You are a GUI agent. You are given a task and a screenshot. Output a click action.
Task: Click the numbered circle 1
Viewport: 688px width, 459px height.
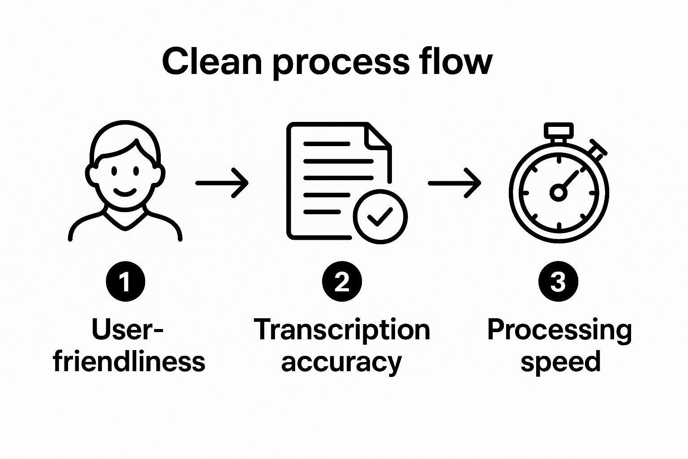(x=125, y=282)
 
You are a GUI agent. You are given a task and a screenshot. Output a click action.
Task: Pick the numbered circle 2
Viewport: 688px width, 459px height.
(x=342, y=282)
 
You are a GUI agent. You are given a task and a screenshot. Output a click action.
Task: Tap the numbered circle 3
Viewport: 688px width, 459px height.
(x=558, y=282)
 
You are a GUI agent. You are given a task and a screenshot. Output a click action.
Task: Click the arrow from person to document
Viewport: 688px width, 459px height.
(x=222, y=183)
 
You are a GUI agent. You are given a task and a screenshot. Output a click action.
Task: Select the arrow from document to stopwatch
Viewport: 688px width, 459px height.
(x=454, y=183)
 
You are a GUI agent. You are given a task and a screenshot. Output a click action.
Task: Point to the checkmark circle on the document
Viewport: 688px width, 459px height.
(x=380, y=217)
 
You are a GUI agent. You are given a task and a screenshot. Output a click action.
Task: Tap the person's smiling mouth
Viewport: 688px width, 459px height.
(x=125, y=193)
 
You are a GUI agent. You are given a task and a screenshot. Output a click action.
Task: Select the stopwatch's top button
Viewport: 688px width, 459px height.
(x=559, y=130)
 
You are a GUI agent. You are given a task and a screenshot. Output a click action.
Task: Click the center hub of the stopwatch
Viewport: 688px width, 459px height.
(x=558, y=193)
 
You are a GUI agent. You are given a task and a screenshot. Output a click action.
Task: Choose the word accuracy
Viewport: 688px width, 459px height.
(x=342, y=362)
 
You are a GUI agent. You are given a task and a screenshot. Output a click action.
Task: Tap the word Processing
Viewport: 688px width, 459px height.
(x=559, y=330)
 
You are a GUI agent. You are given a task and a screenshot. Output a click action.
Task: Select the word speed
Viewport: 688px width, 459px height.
(x=560, y=362)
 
